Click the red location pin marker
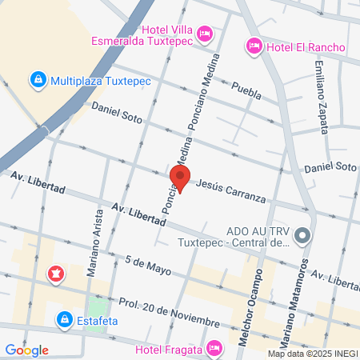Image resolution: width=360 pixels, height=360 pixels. click(180, 178)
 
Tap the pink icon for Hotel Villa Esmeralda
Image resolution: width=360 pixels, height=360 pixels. click(205, 34)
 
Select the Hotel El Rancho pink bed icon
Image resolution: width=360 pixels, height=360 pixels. click(254, 46)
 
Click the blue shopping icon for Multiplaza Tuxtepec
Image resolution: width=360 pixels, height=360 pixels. click(37, 80)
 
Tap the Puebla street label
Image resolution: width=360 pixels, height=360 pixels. click(246, 92)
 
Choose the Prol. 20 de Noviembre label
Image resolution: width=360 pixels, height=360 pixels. click(168, 311)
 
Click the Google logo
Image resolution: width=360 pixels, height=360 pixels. click(26, 350)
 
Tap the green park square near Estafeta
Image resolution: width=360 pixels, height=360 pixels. click(98, 308)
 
